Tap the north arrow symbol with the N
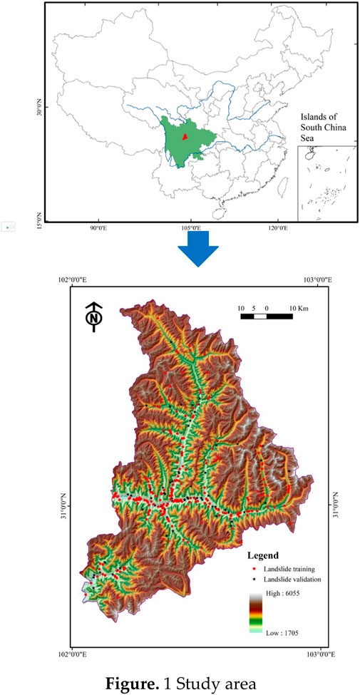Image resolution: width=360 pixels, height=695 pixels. (x=93, y=316)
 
